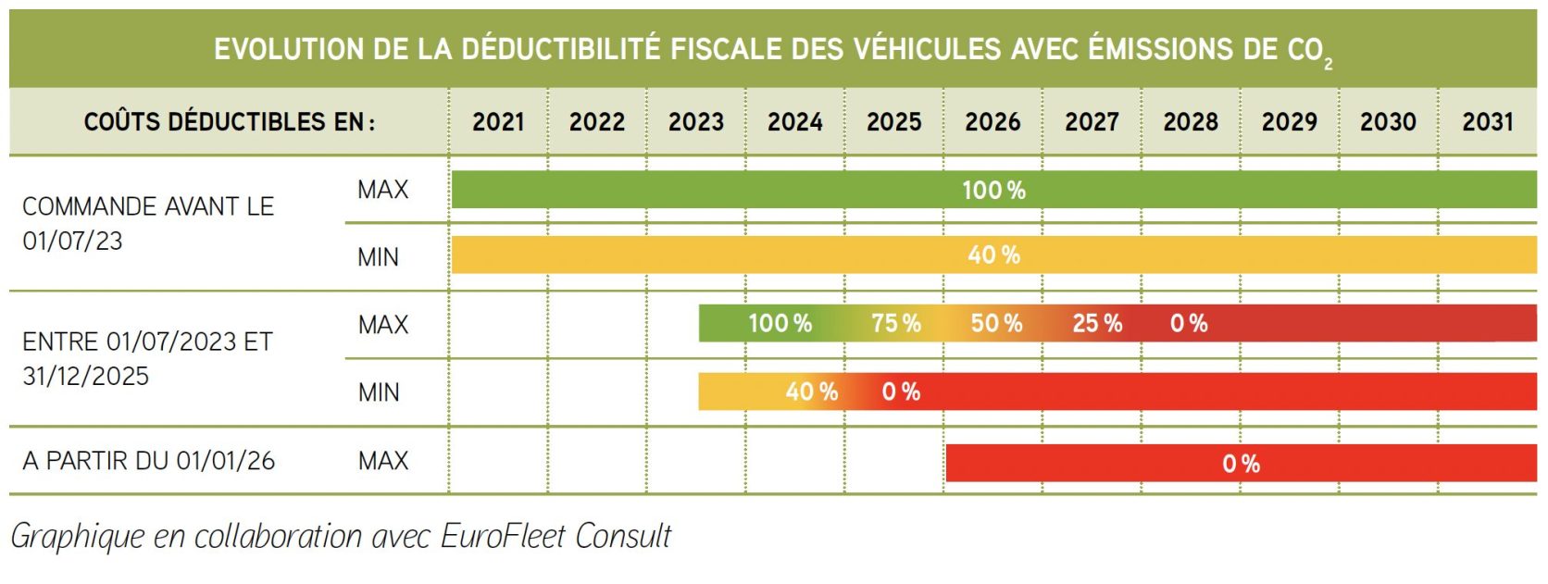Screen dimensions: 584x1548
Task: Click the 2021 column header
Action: tap(498, 122)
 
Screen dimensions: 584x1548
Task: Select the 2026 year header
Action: tap(992, 122)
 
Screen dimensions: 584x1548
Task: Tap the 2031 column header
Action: tap(1487, 122)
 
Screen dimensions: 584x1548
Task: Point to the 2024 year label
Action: tap(794, 122)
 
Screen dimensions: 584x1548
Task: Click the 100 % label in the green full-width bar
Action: tap(993, 191)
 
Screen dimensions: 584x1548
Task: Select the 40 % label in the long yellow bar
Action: tap(993, 255)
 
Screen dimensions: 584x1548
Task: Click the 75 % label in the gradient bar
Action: tap(895, 324)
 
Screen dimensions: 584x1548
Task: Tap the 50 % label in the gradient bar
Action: tap(996, 324)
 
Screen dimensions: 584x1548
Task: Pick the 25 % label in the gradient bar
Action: tap(1097, 324)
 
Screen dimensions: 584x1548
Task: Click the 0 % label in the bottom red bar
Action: tap(1241, 464)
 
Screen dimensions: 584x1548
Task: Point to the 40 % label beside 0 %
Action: tap(811, 392)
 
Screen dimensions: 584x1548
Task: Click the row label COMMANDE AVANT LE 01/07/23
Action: tap(148, 223)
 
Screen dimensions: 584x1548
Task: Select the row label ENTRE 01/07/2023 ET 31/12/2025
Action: tap(148, 359)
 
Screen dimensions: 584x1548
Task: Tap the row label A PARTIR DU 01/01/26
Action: tap(148, 461)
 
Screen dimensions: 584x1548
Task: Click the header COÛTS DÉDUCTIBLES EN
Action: tap(229, 122)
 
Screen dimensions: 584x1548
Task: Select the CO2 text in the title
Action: tap(1309, 51)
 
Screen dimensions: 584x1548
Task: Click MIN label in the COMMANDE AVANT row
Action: tap(378, 257)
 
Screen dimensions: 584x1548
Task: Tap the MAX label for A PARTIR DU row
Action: tap(382, 461)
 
